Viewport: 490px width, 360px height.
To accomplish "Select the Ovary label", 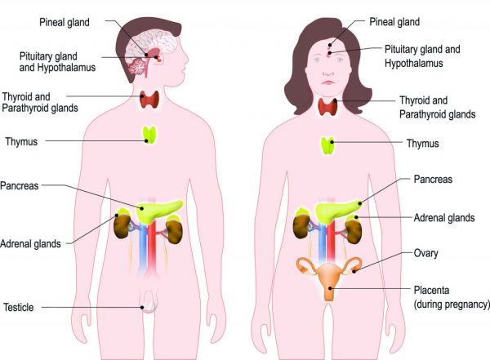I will click(425, 254).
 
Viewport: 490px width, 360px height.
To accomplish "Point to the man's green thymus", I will click(149, 133).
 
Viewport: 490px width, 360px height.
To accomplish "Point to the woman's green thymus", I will click(328, 146).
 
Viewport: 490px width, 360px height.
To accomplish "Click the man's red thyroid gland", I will click(149, 100).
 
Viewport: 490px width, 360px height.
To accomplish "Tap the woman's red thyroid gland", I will click(329, 107).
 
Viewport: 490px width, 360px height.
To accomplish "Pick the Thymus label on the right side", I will click(422, 144).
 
